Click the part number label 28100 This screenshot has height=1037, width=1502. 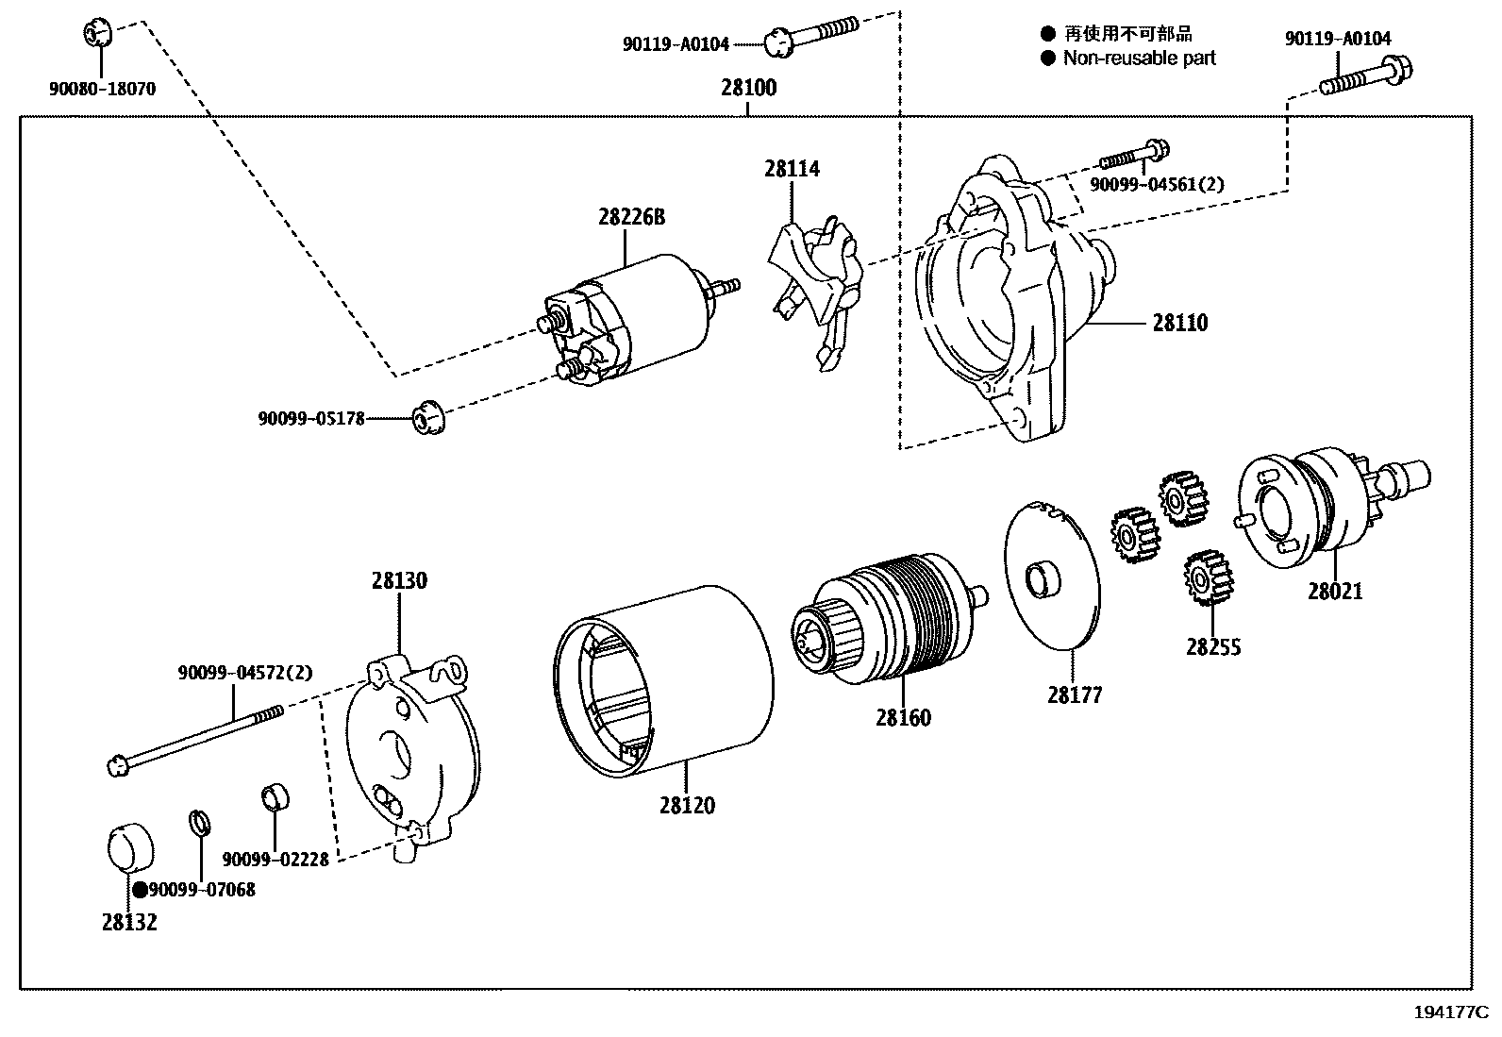[748, 88]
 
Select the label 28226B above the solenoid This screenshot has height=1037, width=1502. [630, 217]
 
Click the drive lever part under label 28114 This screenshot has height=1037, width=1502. [817, 283]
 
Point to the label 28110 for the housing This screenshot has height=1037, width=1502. [1179, 323]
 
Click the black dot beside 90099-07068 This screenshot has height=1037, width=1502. [139, 890]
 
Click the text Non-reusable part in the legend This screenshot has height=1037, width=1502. [1139, 59]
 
